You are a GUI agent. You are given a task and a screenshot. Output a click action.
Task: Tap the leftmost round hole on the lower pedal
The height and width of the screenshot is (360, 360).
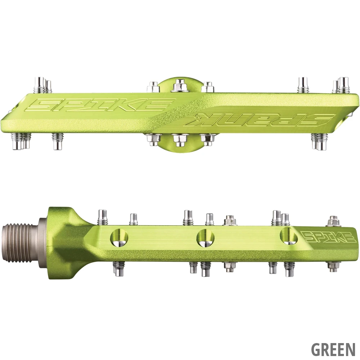click(120, 237)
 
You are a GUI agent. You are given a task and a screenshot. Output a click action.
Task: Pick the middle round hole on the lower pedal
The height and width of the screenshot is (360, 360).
click(206, 237)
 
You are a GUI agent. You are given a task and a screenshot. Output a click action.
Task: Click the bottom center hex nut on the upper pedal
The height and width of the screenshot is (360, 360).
click(180, 140)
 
